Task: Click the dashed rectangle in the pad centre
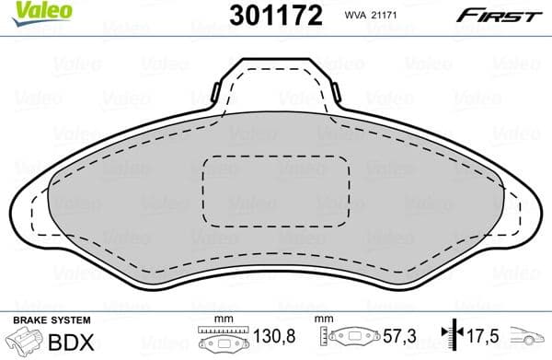(x=275, y=192)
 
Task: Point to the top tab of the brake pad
(x=276, y=84)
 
